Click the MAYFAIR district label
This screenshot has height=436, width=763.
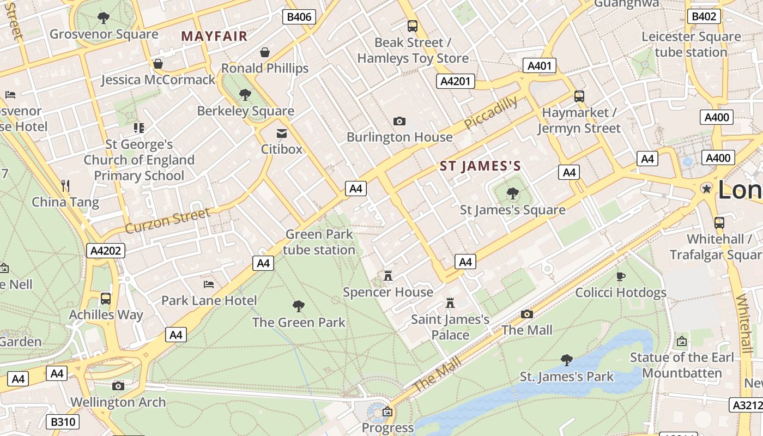[214, 37]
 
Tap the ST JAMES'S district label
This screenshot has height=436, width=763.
[480, 166]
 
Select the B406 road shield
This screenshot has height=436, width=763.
[299, 17]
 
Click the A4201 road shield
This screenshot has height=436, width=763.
[456, 81]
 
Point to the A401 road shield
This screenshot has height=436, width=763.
[540, 66]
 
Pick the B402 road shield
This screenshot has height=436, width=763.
[703, 16]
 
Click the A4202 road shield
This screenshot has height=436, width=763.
[106, 251]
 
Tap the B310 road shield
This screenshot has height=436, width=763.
[64, 421]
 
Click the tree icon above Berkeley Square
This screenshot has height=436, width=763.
[245, 95]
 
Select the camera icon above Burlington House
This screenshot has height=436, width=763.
[399, 121]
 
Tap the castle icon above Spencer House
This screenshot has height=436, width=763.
[388, 276]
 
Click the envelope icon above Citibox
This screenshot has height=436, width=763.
[282, 134]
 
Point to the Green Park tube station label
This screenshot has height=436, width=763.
[319, 242]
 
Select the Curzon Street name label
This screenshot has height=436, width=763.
[167, 220]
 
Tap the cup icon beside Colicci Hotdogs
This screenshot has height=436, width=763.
[621, 277]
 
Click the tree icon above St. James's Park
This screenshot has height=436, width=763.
[567, 360]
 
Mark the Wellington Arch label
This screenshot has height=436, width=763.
[118, 402]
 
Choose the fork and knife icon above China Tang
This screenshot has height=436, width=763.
[65, 185]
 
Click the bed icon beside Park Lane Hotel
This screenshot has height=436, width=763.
[209, 284]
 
